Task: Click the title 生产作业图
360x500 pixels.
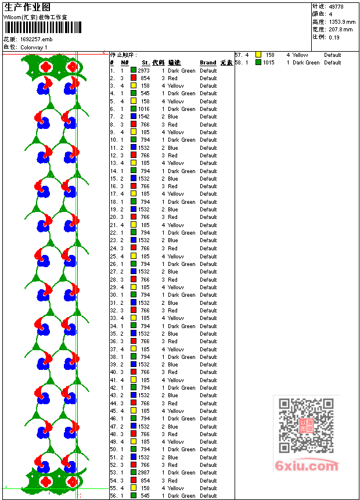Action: pos(27,7)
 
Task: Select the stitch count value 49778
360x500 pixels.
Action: pos(336,6)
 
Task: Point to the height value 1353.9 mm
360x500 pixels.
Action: pos(341,21)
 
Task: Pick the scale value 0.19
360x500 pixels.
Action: pos(334,37)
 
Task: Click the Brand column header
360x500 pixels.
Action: pos(208,63)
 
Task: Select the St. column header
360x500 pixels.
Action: pos(146,63)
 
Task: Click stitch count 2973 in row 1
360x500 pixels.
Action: pos(143,70)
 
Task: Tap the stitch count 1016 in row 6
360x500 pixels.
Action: pos(143,109)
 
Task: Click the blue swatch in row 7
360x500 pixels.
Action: pos(134,117)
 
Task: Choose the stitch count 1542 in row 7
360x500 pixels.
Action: pos(143,117)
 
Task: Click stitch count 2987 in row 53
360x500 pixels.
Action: pos(143,473)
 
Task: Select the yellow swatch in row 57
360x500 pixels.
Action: pos(258,55)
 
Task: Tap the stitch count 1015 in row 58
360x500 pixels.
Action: pos(268,63)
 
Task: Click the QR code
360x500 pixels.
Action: pos(306,426)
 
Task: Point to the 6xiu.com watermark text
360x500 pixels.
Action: pos(307,466)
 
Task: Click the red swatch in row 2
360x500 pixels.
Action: pos(134,78)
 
